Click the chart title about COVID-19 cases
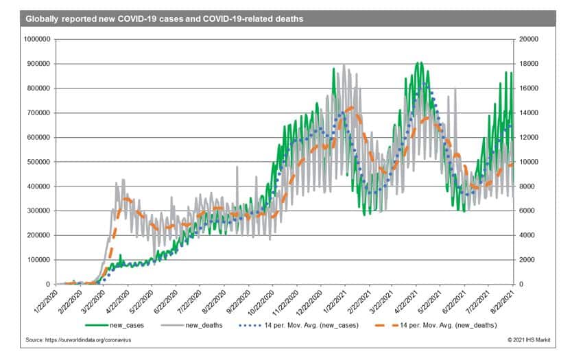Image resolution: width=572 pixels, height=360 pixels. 165,19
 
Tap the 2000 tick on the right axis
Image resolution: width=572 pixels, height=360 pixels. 528,260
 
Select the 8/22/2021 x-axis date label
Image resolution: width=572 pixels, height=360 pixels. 505,302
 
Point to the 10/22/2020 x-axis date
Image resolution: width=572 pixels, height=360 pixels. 264,302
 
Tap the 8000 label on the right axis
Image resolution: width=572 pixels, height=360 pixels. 528,187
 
